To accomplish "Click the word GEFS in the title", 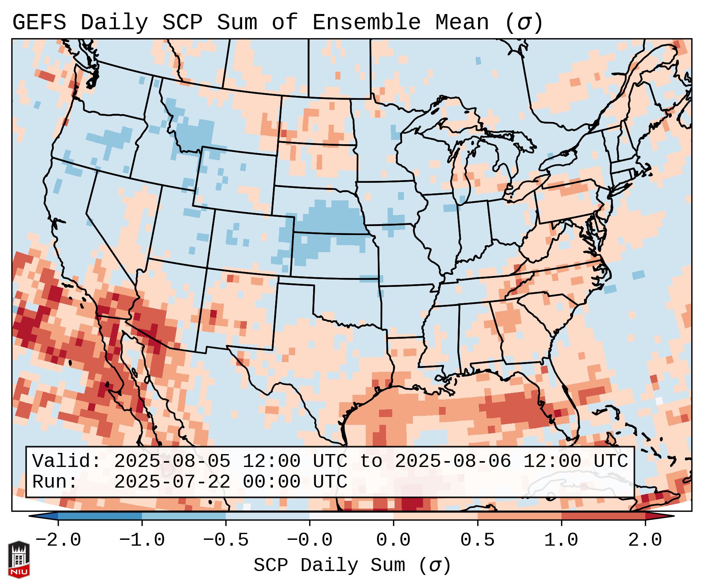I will coord(39,23).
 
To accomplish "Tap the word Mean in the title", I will coord(462,23).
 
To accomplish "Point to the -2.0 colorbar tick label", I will coord(58,540).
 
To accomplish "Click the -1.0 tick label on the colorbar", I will coord(142,540).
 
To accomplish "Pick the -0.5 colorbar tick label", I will coord(226,540).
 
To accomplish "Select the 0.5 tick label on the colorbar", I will coord(478,540).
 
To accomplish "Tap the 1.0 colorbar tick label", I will coord(561,540).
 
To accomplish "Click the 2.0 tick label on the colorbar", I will coord(645,540).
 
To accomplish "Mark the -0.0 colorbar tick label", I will coord(310,540).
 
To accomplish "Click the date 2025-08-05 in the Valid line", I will coord(172,461).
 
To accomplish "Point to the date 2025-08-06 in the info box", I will coord(453,461).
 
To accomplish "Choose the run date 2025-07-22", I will coord(172,482).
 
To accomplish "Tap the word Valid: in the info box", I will coord(67,461).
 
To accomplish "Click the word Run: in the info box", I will coord(55,482).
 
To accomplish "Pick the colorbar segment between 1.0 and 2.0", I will coord(603,516).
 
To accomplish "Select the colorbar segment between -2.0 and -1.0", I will coord(100,516).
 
